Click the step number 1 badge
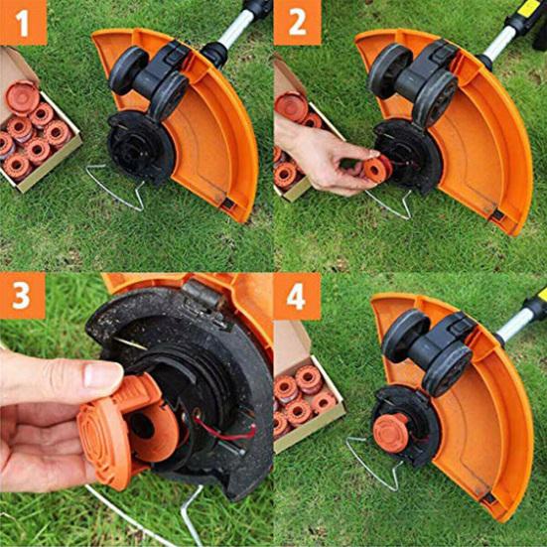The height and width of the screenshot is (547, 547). (x=23, y=22)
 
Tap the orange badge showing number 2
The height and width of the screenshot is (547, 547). (x=296, y=22)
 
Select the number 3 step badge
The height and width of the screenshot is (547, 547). (x=23, y=296)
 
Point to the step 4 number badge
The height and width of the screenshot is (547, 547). (x=296, y=296)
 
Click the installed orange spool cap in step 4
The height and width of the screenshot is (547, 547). (x=391, y=433)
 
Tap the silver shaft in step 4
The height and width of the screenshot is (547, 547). (x=513, y=322)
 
